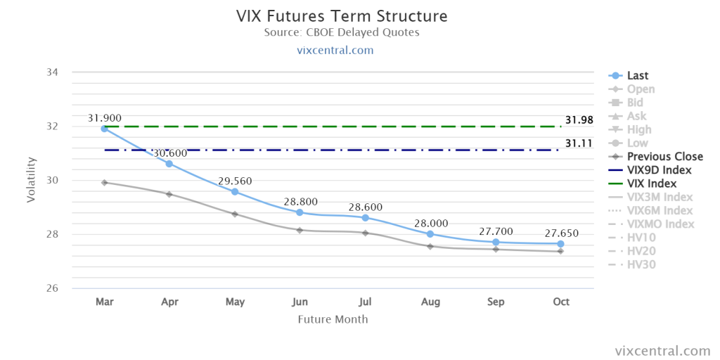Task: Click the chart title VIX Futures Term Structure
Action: [342, 16]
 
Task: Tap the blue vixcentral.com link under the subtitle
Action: [342, 50]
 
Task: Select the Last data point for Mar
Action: [105, 129]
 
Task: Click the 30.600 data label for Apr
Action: [170, 153]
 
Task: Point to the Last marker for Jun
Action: [300, 212]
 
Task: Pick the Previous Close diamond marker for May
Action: [235, 214]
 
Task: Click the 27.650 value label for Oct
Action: [562, 233]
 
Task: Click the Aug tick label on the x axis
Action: [430, 302]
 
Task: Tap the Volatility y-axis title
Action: [31, 180]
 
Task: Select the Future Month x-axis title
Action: [333, 319]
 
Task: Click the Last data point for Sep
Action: [496, 242]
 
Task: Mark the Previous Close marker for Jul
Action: [365, 233]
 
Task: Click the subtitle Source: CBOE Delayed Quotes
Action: [342, 32]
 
